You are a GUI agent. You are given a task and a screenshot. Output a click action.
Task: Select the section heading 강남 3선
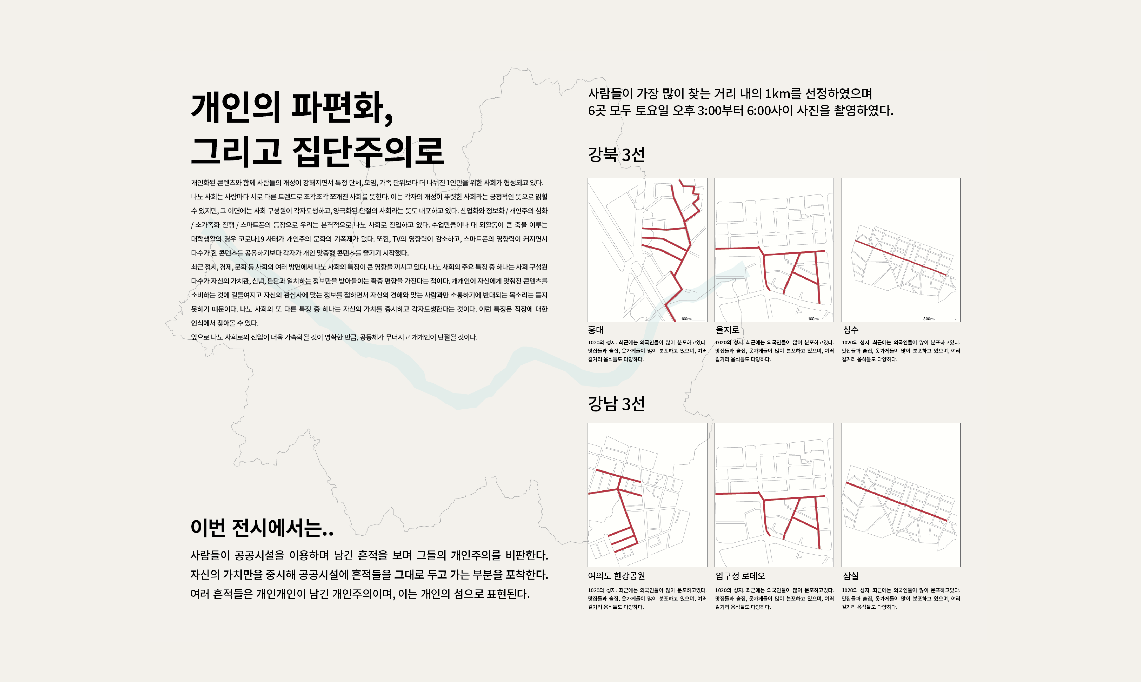[x=616, y=403]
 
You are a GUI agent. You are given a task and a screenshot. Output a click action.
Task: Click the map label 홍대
[x=596, y=329]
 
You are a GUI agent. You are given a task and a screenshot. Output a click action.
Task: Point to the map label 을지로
[x=727, y=329]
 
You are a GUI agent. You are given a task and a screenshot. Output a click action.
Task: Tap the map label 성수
[x=851, y=329]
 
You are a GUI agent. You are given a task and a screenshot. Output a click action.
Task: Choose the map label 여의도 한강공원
[x=616, y=575]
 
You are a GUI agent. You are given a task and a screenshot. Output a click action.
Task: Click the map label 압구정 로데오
[x=740, y=575]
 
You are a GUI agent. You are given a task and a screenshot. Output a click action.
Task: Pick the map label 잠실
[x=851, y=575]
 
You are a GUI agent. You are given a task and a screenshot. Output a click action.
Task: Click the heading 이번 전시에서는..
[x=262, y=528]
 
